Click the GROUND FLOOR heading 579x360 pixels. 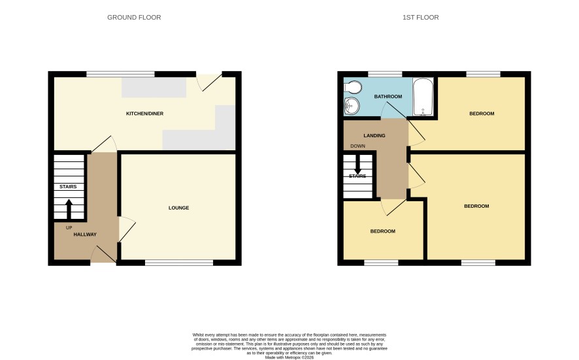(x=134, y=18)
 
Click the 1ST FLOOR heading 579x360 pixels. (x=421, y=18)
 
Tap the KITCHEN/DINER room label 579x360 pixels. (x=145, y=113)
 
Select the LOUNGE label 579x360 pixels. (x=178, y=208)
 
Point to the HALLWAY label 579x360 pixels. (x=85, y=235)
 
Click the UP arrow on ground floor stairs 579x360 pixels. (x=69, y=210)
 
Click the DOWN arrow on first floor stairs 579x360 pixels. (x=357, y=164)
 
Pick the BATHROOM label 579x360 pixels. (x=388, y=97)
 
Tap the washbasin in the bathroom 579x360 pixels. (x=352, y=106)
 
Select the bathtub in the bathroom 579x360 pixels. (x=423, y=97)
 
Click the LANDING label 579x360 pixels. (x=374, y=135)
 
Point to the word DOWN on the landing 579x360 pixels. (x=358, y=146)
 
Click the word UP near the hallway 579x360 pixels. (x=69, y=228)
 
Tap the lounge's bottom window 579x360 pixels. (x=179, y=263)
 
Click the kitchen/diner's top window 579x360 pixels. (x=120, y=74)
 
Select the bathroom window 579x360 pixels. (x=385, y=74)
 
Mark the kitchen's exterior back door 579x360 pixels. (x=208, y=82)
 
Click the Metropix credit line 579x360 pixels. (x=289, y=357)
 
